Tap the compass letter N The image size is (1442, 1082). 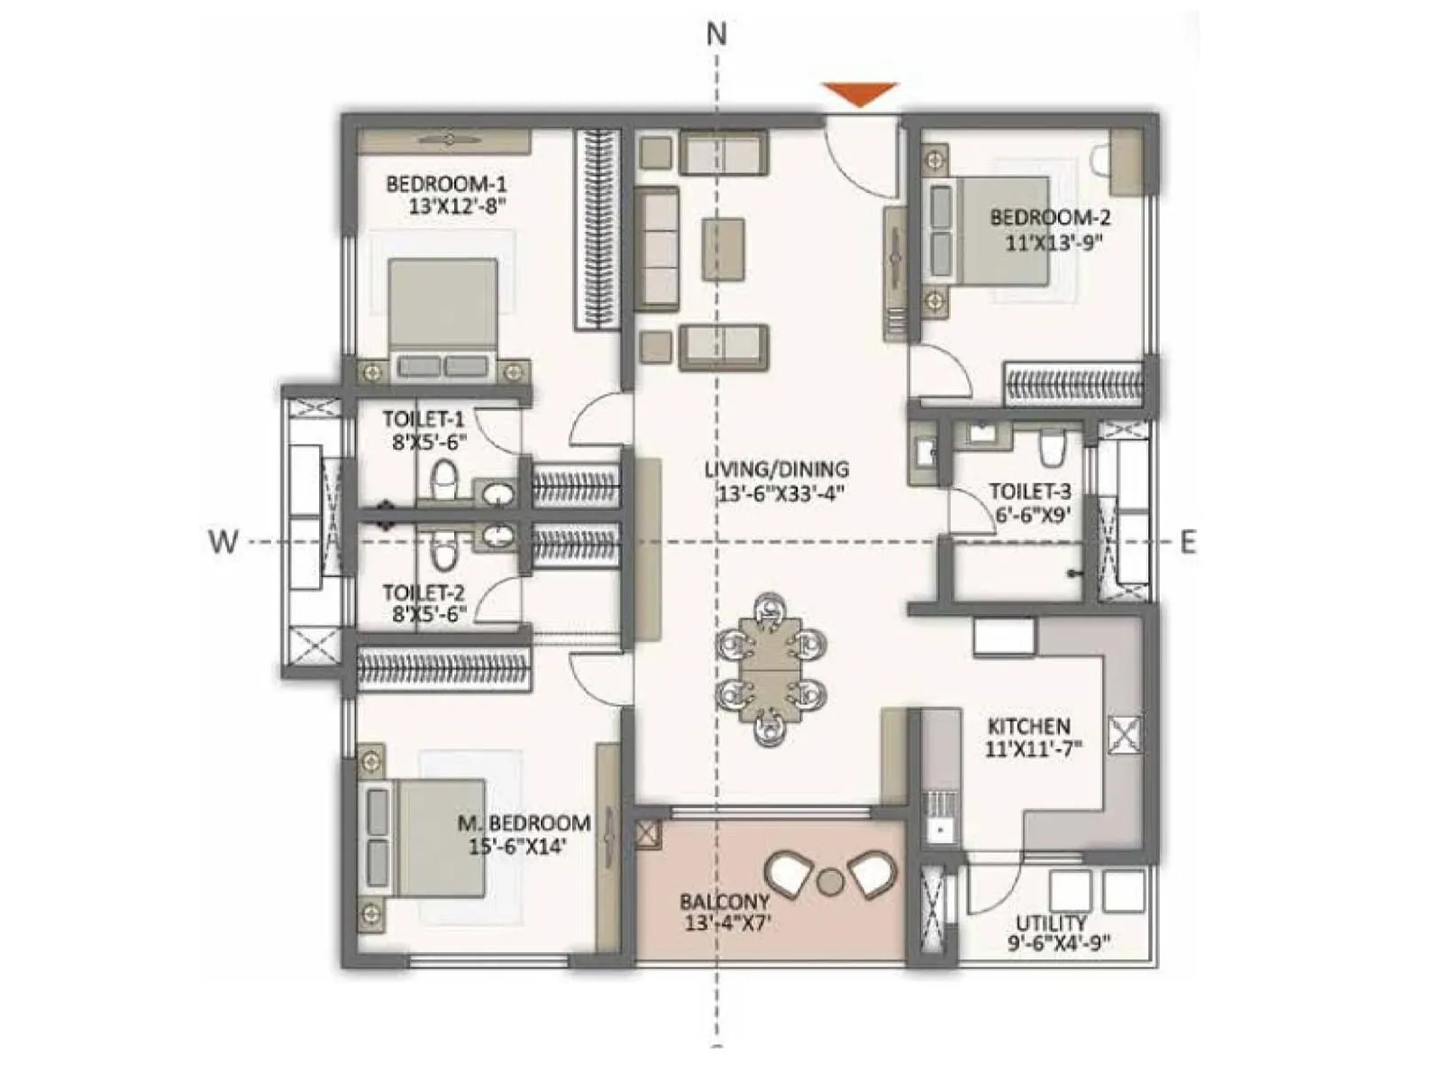(716, 34)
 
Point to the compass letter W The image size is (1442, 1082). (223, 542)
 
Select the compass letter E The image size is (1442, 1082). (1189, 542)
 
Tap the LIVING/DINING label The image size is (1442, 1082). (776, 469)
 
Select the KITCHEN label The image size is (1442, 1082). (1028, 726)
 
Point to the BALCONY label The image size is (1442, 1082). (725, 901)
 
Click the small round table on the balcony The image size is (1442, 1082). (829, 880)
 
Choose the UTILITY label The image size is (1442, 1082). (1050, 922)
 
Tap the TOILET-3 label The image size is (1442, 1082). (1030, 491)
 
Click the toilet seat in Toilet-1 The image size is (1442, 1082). (443, 479)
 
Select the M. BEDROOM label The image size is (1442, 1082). (524, 823)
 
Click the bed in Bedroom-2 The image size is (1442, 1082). (1000, 231)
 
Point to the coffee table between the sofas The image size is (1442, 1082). (723, 249)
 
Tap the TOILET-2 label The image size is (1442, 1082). (424, 592)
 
